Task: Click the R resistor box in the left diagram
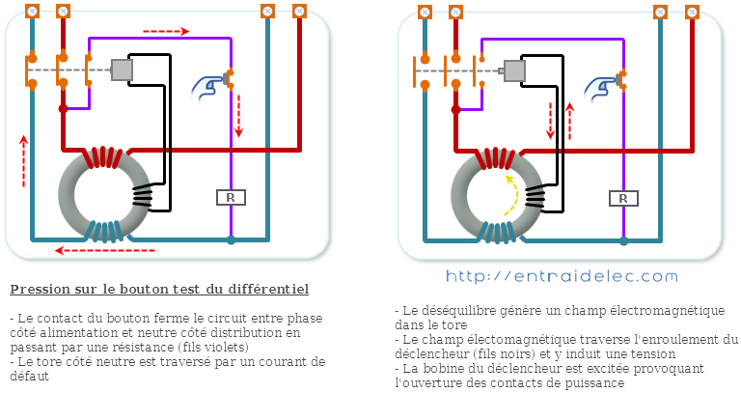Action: click(232, 197)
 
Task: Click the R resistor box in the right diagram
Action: click(624, 198)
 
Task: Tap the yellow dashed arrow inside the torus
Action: click(512, 196)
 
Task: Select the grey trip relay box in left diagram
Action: click(122, 70)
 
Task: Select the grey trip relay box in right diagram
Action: click(514, 70)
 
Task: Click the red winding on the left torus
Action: click(103, 157)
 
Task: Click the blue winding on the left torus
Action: click(107, 231)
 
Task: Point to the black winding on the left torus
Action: click(142, 196)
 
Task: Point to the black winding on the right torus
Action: click(535, 197)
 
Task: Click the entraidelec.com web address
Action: click(562, 276)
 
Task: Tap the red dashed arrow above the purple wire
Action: click(166, 32)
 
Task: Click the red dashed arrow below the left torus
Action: click(105, 250)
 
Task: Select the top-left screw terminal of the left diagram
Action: click(32, 11)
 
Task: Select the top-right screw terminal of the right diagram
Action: click(692, 12)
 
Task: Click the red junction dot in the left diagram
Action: click(64, 109)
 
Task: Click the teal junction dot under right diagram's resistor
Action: click(624, 241)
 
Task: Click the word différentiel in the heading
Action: click(268, 290)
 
